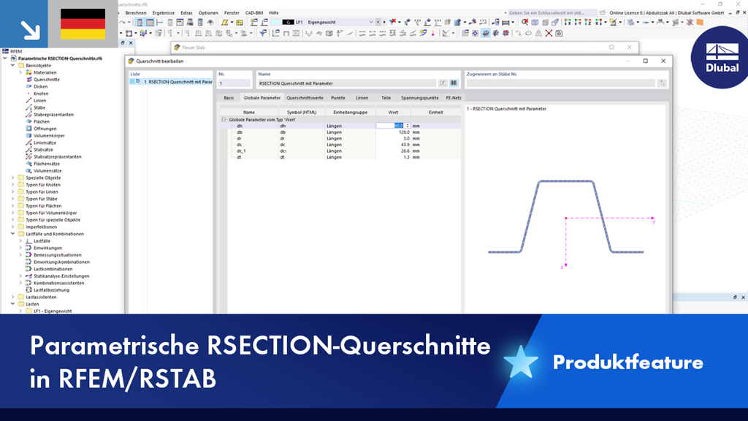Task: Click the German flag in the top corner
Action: pos(83,24)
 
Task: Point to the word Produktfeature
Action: pos(627,363)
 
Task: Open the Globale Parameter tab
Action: pos(262,97)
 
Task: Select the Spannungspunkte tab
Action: pos(419,97)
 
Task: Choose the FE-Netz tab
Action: pos(453,97)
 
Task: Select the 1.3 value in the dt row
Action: pos(400,157)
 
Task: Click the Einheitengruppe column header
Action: pos(350,112)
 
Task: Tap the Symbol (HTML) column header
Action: pos(297,112)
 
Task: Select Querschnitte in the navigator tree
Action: pos(47,80)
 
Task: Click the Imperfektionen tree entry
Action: pos(41,227)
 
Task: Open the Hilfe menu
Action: pos(273,12)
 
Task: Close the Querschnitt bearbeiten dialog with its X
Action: pos(664,61)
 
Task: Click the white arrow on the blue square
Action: pos(30,29)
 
